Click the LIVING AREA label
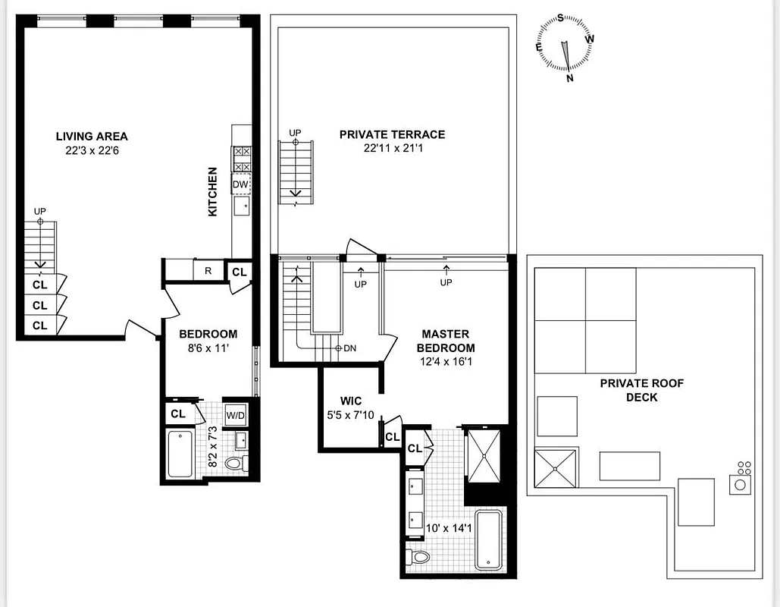(x=92, y=137)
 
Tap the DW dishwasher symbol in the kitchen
(x=240, y=184)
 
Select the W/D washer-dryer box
(x=236, y=414)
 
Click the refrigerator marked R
(x=207, y=270)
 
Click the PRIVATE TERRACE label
(x=392, y=134)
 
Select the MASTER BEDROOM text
(x=446, y=341)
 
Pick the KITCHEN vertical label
(x=213, y=191)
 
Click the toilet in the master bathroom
(x=418, y=558)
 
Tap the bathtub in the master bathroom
(x=488, y=540)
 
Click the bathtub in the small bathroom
(x=180, y=454)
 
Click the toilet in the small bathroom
(x=237, y=463)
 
